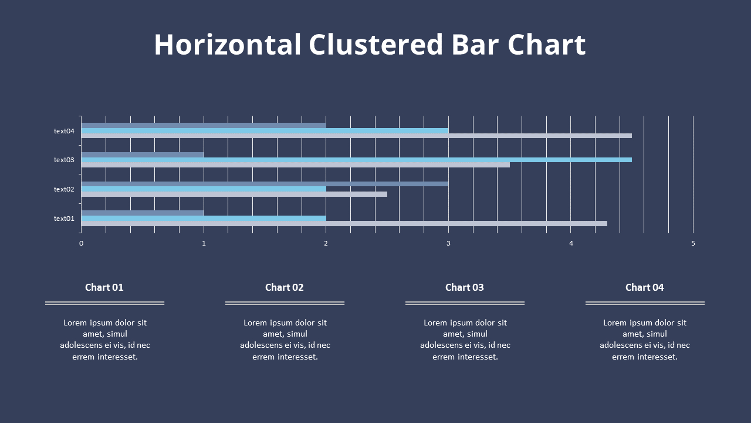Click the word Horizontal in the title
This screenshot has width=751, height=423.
(x=227, y=45)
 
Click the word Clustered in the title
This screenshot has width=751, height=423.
(x=375, y=45)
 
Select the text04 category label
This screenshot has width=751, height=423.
(x=64, y=131)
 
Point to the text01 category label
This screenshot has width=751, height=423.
(x=64, y=219)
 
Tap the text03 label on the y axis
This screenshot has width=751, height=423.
(x=64, y=160)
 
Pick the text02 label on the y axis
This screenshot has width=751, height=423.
(x=64, y=189)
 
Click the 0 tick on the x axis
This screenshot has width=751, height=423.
(x=82, y=243)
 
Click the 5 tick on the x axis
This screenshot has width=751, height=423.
(x=693, y=243)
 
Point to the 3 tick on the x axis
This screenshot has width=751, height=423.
(x=448, y=243)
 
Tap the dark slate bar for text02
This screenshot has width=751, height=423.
(x=264, y=184)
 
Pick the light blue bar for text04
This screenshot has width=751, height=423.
(x=264, y=130)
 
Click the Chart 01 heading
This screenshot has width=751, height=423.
(x=104, y=287)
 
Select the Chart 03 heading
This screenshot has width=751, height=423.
(x=465, y=287)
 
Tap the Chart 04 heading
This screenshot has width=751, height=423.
(x=645, y=287)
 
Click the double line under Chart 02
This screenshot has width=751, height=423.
(x=285, y=303)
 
